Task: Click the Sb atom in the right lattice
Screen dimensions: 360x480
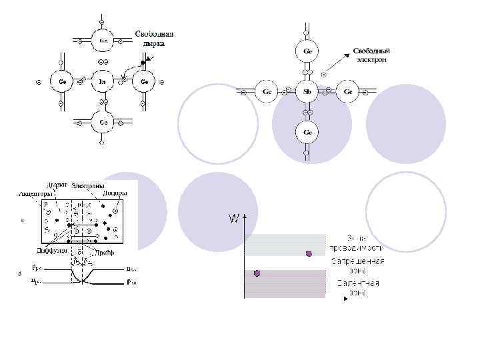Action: point(307,91)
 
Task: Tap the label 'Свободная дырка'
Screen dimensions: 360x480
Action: point(155,38)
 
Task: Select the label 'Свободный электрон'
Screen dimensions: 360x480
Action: point(371,55)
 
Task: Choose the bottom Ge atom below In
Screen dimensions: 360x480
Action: point(103,122)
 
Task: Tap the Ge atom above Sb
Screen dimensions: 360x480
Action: point(307,51)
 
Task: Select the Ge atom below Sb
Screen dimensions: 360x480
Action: point(307,132)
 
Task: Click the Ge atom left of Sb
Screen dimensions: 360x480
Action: point(267,91)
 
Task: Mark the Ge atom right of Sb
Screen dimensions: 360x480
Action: point(348,91)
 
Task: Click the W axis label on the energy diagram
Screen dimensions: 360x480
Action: point(233,218)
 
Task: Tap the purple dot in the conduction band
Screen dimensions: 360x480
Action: point(309,253)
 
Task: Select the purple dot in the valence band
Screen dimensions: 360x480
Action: point(257,273)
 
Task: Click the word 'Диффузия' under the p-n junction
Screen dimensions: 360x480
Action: point(51,251)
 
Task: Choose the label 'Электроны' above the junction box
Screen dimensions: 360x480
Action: point(88,185)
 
